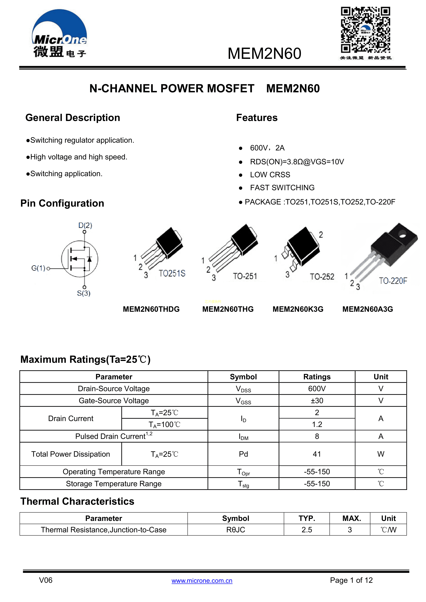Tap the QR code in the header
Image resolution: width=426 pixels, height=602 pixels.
point(365,30)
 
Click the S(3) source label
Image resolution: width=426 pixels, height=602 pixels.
point(84,293)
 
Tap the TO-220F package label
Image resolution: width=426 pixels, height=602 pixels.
point(393,281)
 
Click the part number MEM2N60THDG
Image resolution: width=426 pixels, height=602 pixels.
point(151,309)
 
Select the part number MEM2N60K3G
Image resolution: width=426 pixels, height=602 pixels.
point(298,309)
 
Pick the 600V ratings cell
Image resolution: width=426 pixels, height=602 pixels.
point(317,389)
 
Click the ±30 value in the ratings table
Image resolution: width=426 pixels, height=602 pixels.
point(317,401)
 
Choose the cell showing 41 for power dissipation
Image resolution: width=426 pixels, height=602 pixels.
point(317,454)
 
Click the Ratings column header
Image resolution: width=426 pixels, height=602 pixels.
point(317,377)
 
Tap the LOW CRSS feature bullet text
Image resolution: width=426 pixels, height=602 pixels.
point(270,175)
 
